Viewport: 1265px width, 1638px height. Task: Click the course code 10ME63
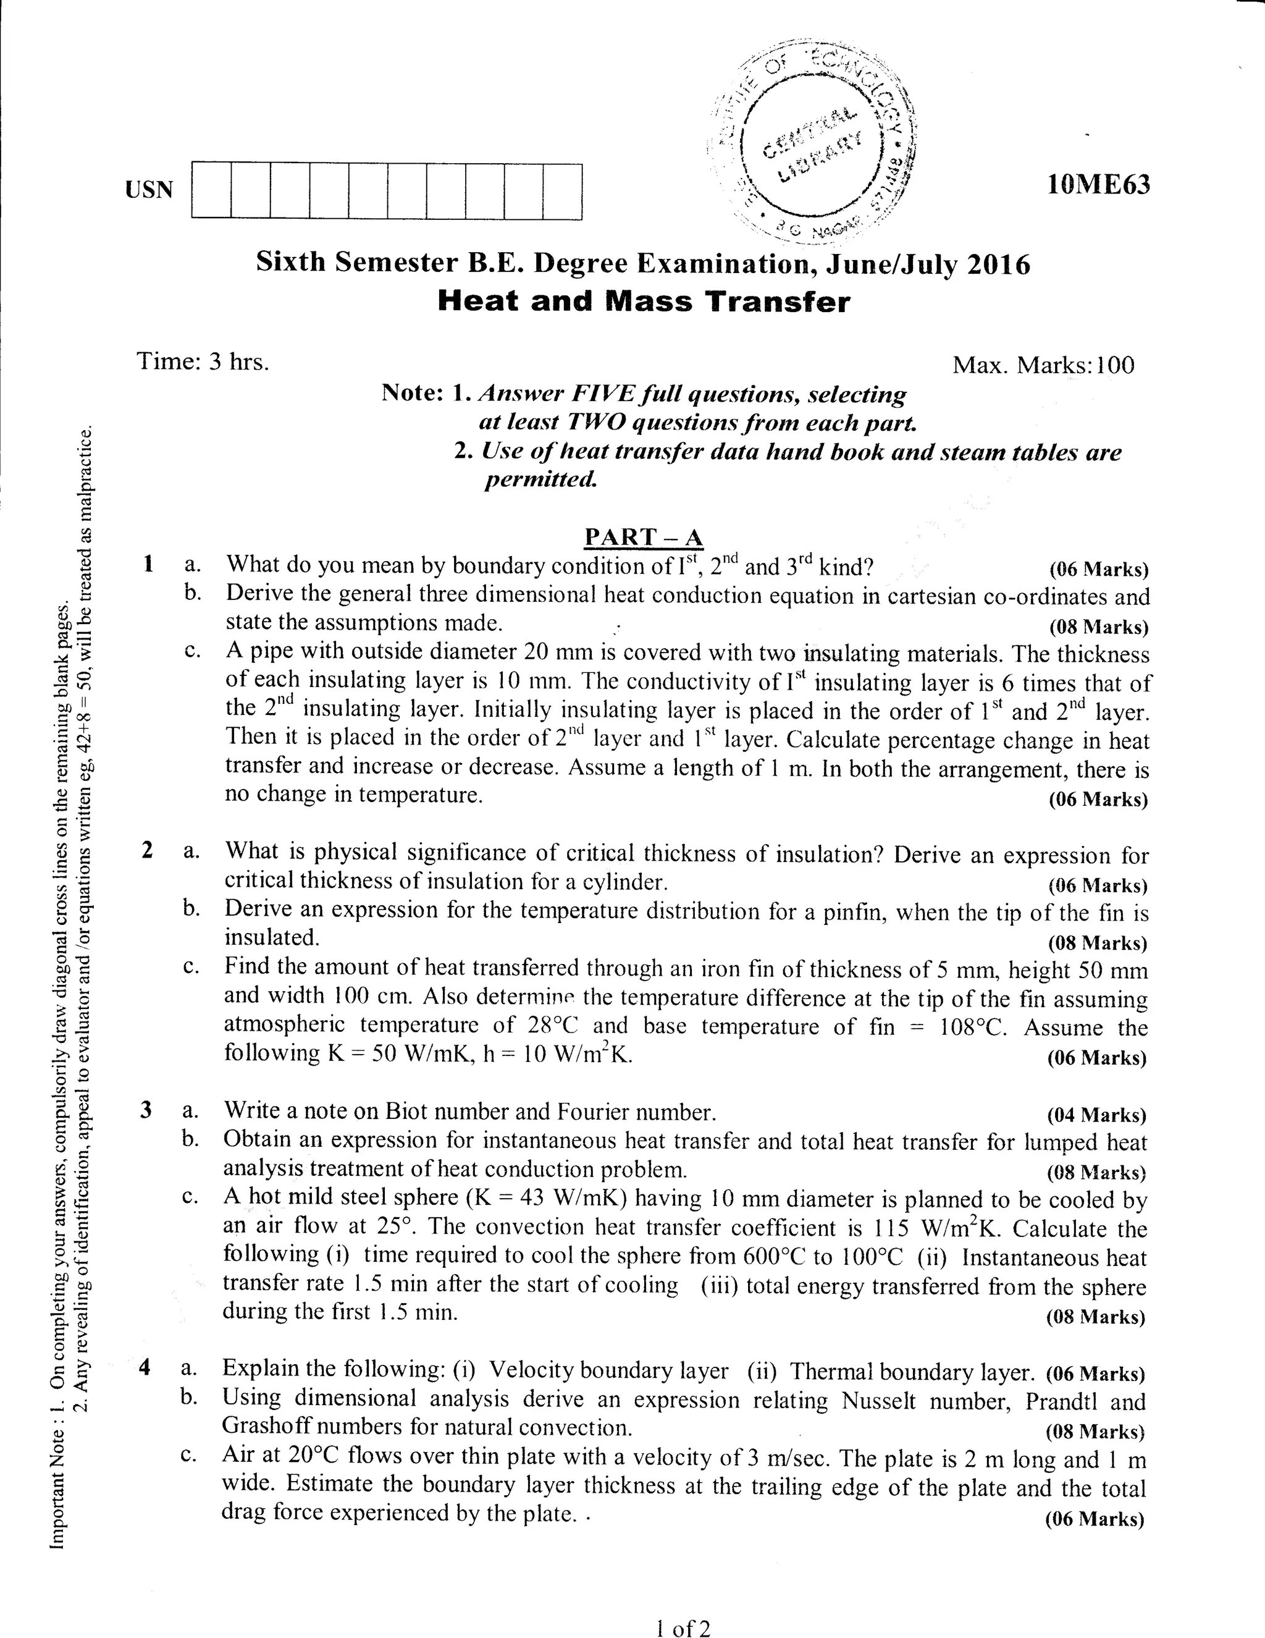pos(1098,185)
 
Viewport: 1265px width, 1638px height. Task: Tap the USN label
pos(149,190)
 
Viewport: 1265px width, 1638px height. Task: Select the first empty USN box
pos(211,190)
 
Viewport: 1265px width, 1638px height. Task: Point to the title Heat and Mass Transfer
pos(644,302)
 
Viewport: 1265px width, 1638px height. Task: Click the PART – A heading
pos(644,537)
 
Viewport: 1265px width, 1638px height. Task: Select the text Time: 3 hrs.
pos(203,361)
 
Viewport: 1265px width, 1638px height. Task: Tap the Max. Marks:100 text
pos(1043,365)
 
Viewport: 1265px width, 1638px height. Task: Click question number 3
pos(146,1109)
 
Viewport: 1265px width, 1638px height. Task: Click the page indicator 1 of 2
pos(682,1627)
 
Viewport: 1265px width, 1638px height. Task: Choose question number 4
pos(146,1368)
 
